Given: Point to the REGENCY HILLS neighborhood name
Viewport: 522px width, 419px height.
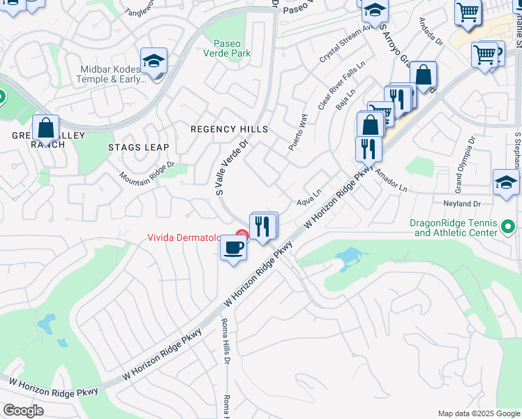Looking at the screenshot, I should pos(229,129).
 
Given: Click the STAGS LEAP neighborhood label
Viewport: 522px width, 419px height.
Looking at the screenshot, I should pos(138,147).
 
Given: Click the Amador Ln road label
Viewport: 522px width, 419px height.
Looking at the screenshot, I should pos(390,179).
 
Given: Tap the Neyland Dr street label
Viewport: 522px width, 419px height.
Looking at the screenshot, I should pos(462,203).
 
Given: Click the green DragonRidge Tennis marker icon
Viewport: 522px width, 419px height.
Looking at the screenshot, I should pos(508,227).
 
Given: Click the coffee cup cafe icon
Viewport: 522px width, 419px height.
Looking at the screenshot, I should pos(234,247).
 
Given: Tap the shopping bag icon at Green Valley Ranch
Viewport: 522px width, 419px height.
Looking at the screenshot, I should pos(45,128).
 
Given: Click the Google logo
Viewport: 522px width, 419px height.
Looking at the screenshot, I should pos(23,411).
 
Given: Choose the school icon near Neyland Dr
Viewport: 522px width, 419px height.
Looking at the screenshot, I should pos(506,182).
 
